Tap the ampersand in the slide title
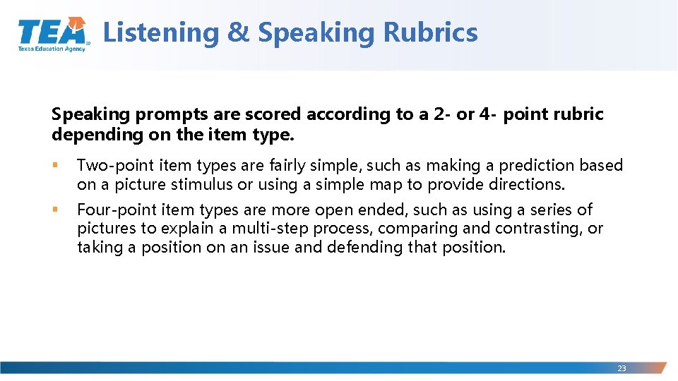pos(238,32)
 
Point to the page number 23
pos(621,368)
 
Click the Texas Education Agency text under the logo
pos(51,49)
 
